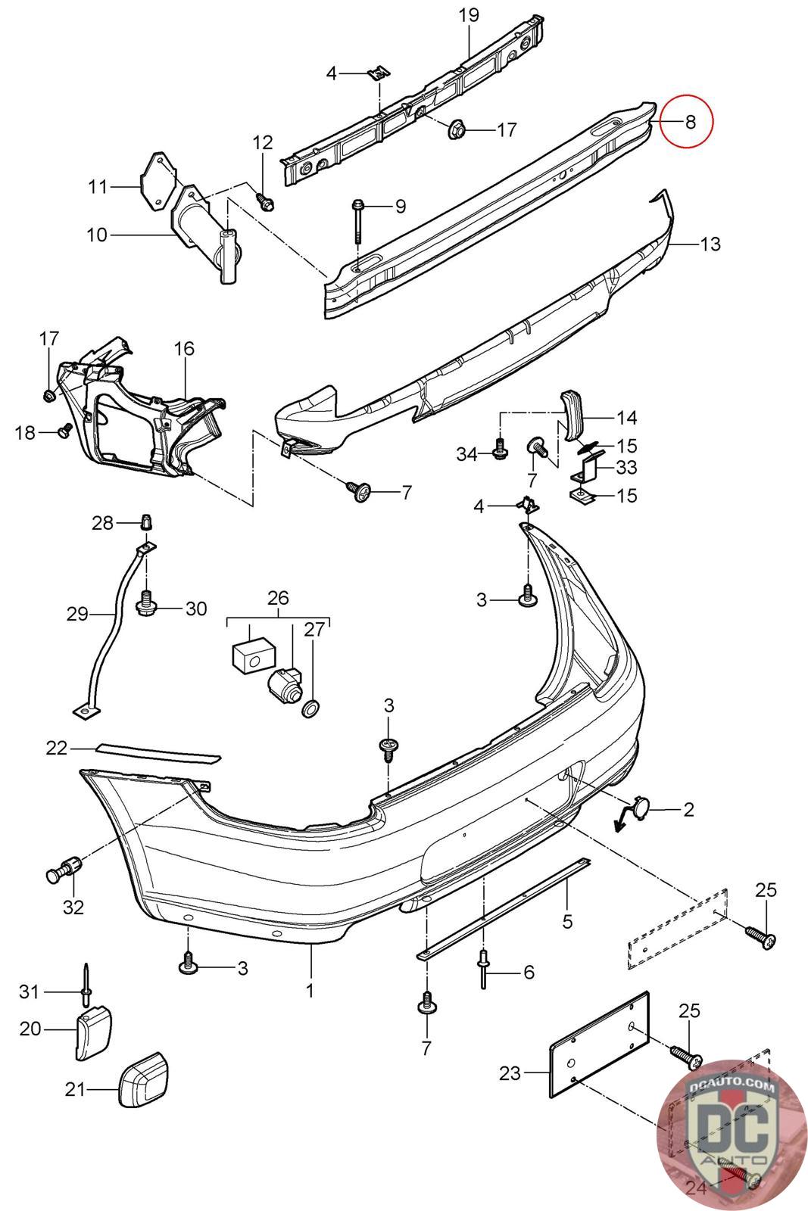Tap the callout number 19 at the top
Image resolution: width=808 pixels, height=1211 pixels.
click(469, 14)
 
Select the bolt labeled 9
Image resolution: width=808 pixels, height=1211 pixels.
click(357, 219)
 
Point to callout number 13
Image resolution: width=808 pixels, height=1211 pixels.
click(710, 244)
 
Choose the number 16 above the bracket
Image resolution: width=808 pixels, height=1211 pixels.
click(184, 348)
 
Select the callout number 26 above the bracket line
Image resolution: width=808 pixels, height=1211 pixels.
click(278, 598)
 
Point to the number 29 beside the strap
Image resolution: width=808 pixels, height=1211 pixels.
click(77, 614)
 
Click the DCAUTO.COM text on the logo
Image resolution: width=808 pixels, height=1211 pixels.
click(733, 1088)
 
